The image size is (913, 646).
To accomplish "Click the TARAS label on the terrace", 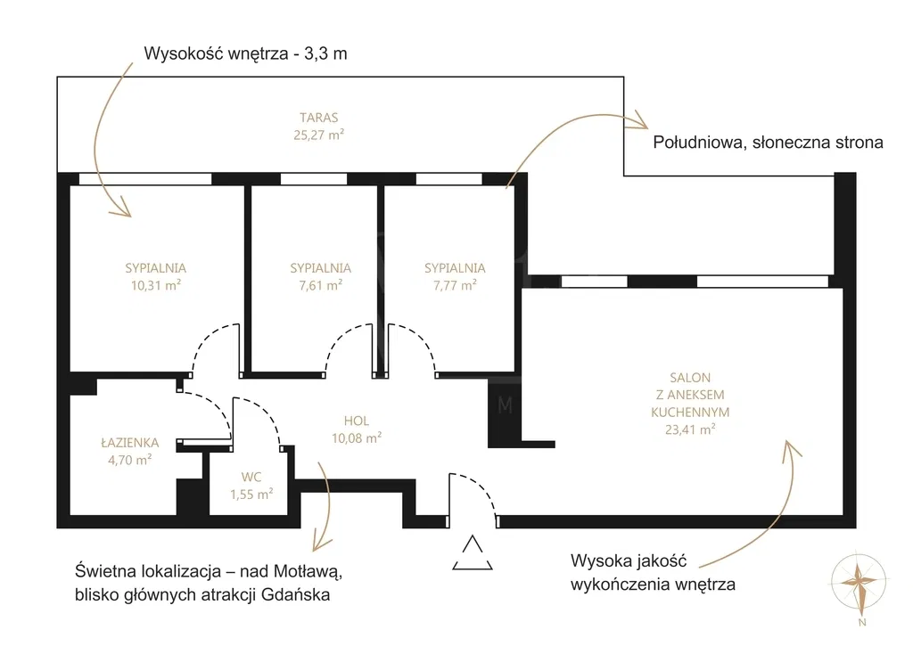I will [x=318, y=117].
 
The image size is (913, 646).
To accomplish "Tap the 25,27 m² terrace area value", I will [x=318, y=135].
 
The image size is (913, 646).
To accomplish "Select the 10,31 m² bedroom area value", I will [x=155, y=285].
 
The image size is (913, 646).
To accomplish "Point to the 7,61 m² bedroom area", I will [x=320, y=285].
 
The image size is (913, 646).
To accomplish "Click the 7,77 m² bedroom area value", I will [x=455, y=285].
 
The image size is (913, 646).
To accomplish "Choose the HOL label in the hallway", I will [x=357, y=421].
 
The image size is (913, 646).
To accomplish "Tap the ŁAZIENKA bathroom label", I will [x=129, y=442].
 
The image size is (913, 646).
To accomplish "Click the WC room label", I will [x=251, y=477].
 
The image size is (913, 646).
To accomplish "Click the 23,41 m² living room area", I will [x=691, y=429].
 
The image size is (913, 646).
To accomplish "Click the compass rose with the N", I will [x=860, y=584].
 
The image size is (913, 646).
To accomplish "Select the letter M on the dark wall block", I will [x=505, y=405].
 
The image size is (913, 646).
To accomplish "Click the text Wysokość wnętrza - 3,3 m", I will [x=245, y=53].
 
